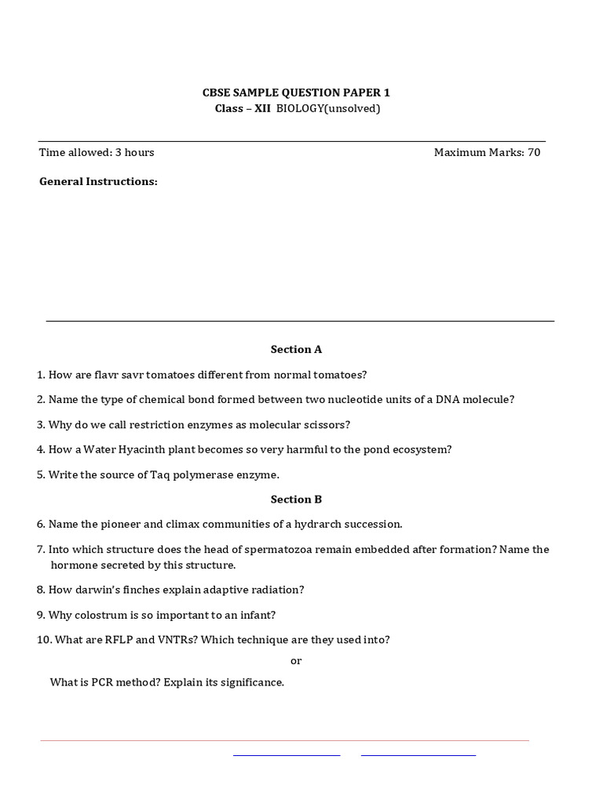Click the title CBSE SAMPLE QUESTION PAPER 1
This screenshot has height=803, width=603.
(296, 93)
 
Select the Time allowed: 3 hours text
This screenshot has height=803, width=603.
(97, 152)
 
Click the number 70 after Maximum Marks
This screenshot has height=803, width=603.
(534, 152)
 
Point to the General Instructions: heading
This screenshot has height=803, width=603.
(98, 181)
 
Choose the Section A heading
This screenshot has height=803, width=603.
(296, 349)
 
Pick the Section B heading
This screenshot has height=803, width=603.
(296, 499)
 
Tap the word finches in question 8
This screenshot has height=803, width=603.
(141, 590)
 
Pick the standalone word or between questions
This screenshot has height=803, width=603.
(296, 661)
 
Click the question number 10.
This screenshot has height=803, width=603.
(44, 640)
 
